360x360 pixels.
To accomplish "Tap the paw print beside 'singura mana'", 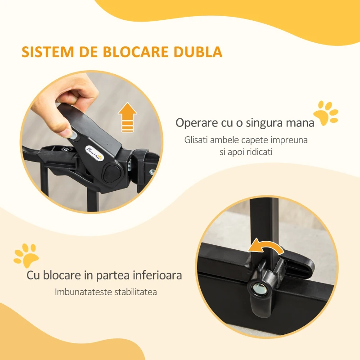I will pos(325,113).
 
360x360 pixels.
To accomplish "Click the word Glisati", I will pos(198,140).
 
